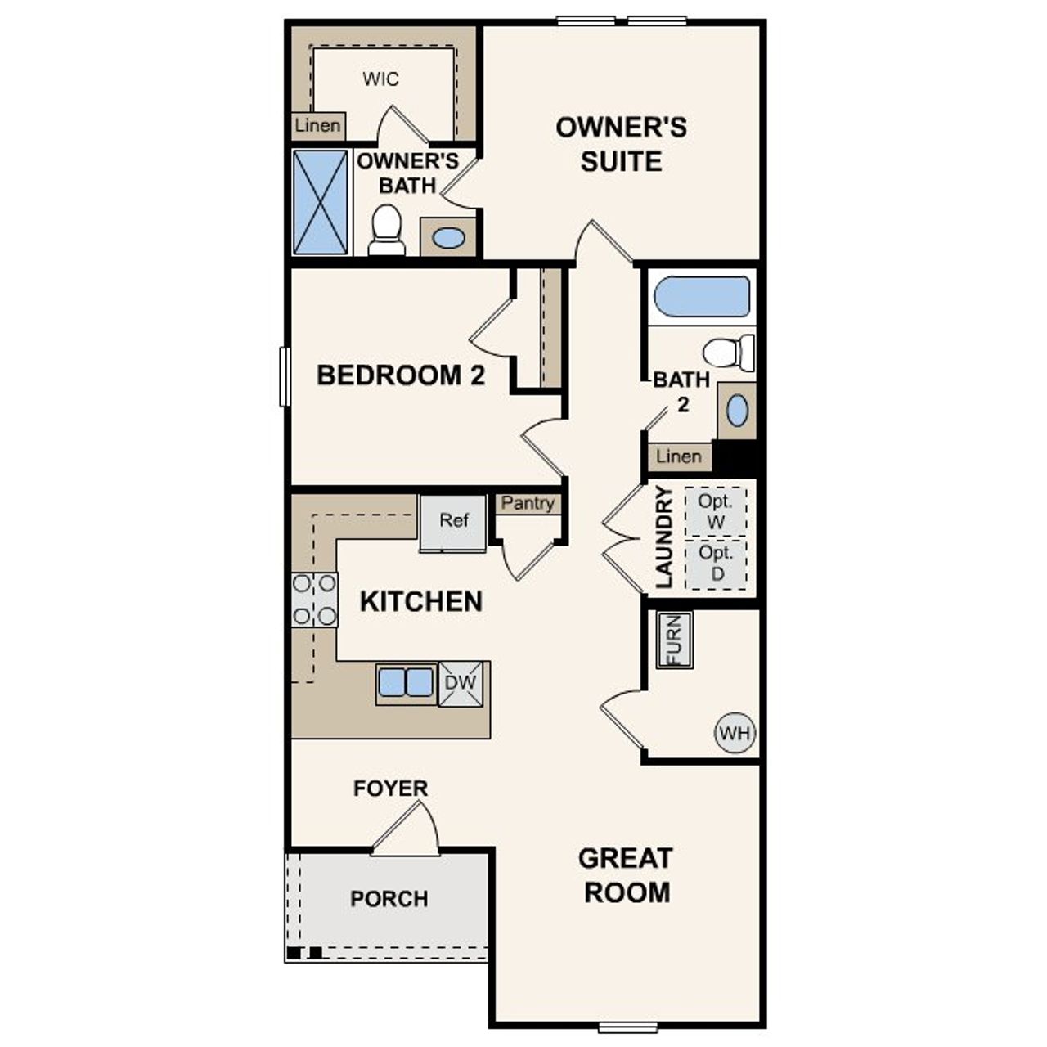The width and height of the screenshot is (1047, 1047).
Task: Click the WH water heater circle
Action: tap(735, 733)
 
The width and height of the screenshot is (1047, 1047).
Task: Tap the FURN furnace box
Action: tap(676, 640)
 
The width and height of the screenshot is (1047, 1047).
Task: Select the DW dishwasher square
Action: tap(460, 682)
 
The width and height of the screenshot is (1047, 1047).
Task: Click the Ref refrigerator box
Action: tap(453, 523)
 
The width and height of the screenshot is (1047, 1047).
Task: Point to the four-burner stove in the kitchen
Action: tap(315, 600)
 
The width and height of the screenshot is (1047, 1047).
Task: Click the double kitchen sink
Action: tap(406, 682)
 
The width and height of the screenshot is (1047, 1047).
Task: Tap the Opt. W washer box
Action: tap(716, 511)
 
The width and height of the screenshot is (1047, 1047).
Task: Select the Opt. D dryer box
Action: tap(716, 564)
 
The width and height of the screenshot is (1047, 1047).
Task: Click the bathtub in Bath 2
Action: tap(702, 297)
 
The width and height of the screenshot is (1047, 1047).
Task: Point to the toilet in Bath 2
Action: tap(729, 353)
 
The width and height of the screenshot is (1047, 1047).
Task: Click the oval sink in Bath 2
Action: tap(737, 411)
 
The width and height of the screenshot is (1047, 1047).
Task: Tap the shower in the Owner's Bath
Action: tap(320, 202)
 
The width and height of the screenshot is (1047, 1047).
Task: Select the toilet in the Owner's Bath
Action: tap(386, 230)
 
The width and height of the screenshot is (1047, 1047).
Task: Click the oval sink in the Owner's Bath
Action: tap(448, 238)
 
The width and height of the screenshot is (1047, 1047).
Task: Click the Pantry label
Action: tap(528, 504)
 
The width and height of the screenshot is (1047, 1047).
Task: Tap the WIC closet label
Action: tap(381, 79)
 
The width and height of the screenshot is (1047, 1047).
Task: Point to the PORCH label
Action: tap(389, 899)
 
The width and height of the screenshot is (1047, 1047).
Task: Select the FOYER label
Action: tap(390, 789)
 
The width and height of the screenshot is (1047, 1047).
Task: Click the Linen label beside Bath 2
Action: tap(679, 456)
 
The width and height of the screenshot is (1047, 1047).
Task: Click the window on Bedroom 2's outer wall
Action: tap(285, 376)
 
